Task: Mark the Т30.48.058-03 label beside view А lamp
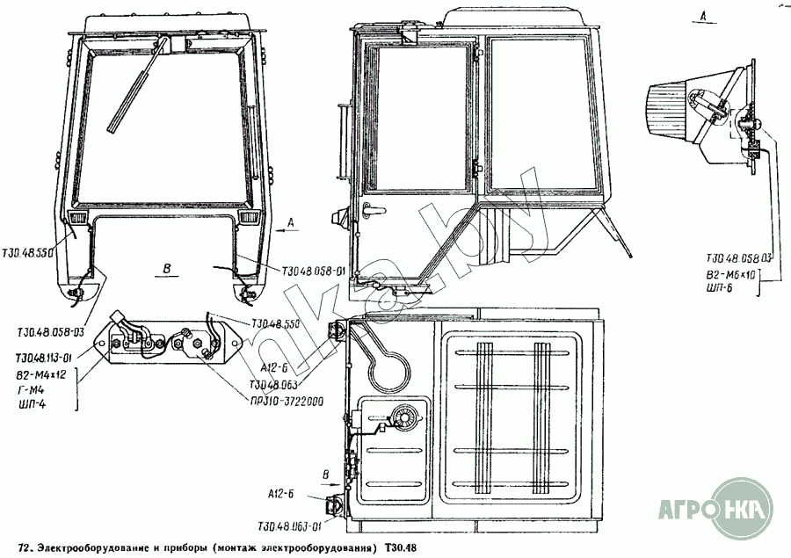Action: coord(739,259)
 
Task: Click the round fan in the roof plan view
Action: coord(406,415)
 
